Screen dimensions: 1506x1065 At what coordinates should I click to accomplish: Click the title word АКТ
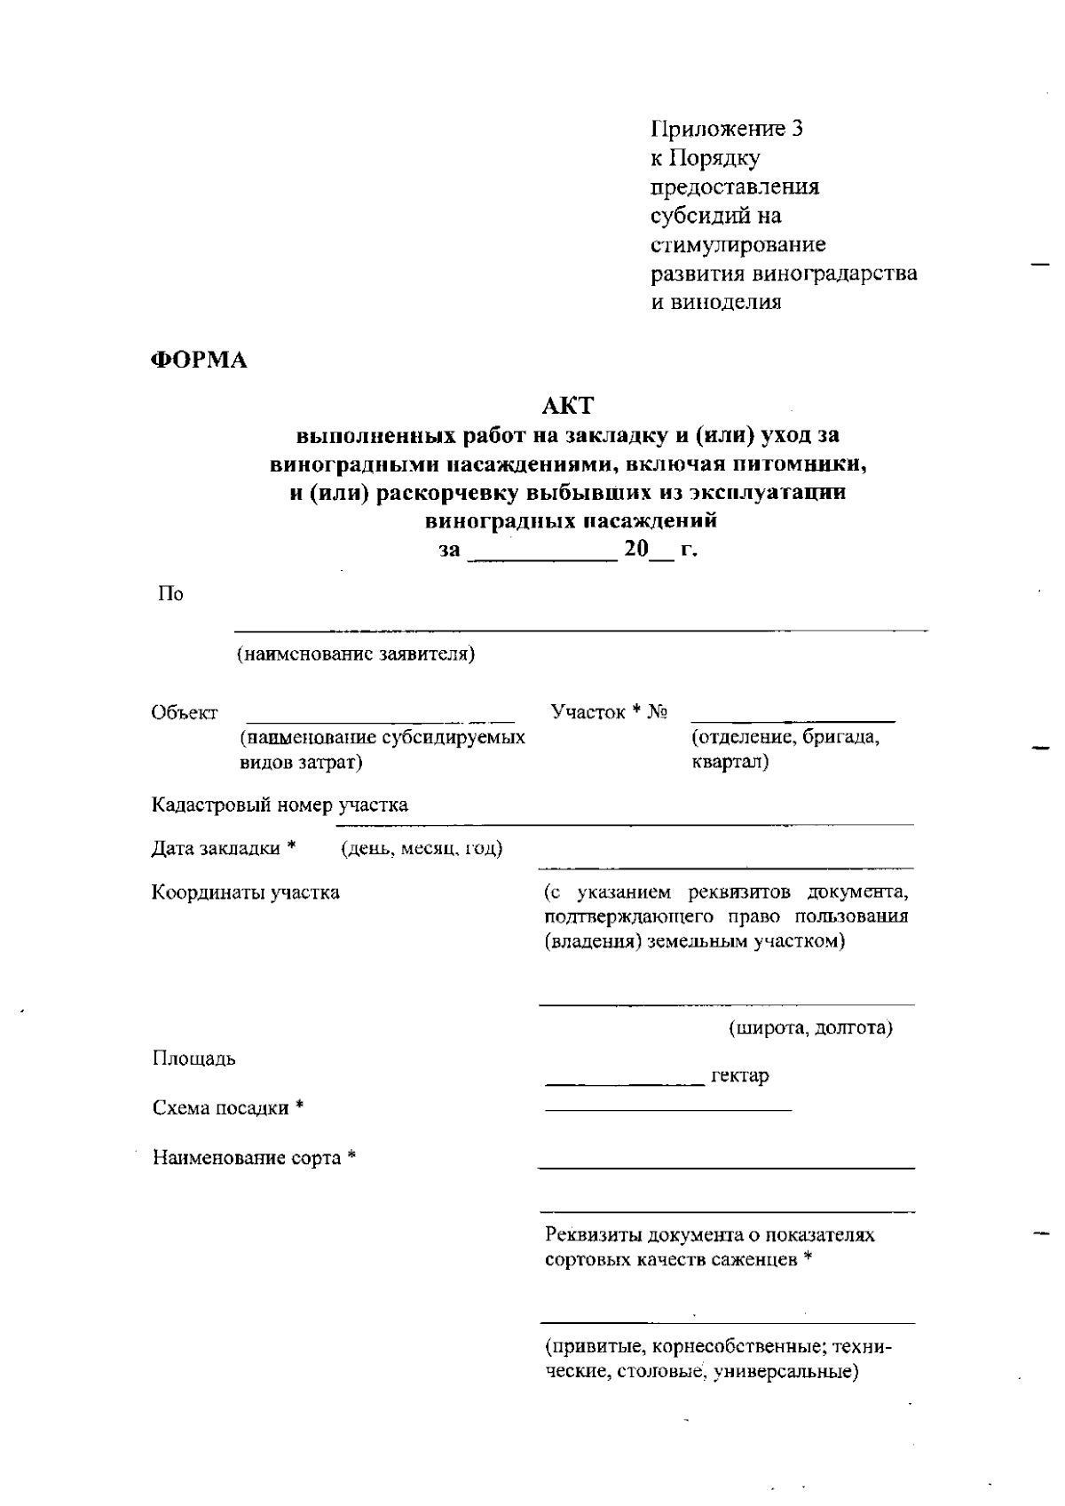(x=567, y=406)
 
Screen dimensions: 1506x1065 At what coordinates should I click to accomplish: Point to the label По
(x=170, y=594)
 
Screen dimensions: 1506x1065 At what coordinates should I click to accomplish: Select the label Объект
(x=185, y=712)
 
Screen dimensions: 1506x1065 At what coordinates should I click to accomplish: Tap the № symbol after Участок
(x=658, y=712)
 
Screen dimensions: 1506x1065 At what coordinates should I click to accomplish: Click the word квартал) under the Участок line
(x=730, y=762)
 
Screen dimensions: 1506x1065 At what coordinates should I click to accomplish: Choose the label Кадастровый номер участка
(x=280, y=805)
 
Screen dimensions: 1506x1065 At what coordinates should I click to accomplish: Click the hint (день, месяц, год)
(x=422, y=848)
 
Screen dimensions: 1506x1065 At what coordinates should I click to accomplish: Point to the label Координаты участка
(x=246, y=892)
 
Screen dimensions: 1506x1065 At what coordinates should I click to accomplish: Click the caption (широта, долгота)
(x=810, y=1028)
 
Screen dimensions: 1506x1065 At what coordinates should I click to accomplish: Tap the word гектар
(x=740, y=1076)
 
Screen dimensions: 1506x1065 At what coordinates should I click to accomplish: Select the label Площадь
(x=194, y=1058)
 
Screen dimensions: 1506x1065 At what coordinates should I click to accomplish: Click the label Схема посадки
(x=221, y=1108)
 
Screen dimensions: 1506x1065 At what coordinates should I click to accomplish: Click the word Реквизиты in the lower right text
(x=594, y=1234)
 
